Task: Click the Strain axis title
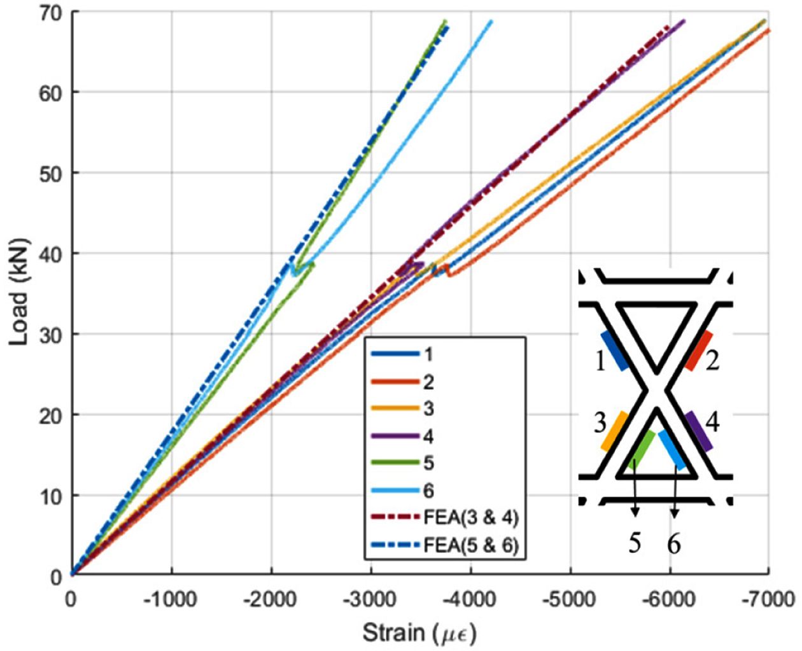(x=419, y=633)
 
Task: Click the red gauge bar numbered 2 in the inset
(x=698, y=351)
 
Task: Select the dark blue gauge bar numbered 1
(x=615, y=351)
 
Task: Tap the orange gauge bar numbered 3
(x=615, y=431)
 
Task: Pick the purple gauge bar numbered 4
(x=698, y=431)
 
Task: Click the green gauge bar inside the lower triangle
(x=642, y=449)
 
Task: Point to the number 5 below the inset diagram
(x=635, y=544)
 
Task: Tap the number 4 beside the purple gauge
(x=713, y=422)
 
